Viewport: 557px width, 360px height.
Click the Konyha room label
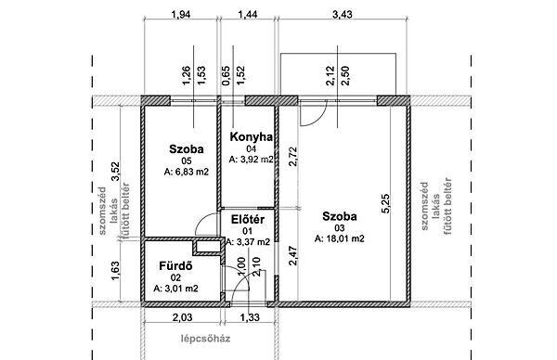pyautogui.click(x=252, y=136)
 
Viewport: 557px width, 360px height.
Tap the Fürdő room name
pyautogui.click(x=175, y=266)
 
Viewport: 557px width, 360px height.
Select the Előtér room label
pyautogui.click(x=248, y=219)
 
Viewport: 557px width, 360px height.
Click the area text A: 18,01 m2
pyautogui.click(x=339, y=238)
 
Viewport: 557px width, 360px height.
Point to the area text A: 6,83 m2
pyautogui.click(x=187, y=172)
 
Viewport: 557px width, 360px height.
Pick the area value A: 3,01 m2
pyautogui.click(x=175, y=289)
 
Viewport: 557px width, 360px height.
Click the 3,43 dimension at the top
pyautogui.click(x=342, y=14)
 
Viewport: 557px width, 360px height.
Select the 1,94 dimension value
pyautogui.click(x=181, y=14)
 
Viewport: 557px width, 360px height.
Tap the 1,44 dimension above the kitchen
pyautogui.click(x=247, y=14)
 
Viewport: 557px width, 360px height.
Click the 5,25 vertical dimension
pyautogui.click(x=385, y=203)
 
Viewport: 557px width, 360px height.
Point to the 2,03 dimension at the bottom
pyautogui.click(x=182, y=317)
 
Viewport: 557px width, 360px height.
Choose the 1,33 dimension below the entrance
pyautogui.click(x=250, y=317)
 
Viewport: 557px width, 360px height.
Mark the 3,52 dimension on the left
pyautogui.click(x=115, y=172)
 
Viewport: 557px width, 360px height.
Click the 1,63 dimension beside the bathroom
pyautogui.click(x=115, y=271)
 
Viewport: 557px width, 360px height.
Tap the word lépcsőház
pyautogui.click(x=205, y=339)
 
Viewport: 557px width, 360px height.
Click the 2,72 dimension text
pyautogui.click(x=293, y=156)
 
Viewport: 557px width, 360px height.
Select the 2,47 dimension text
pyautogui.click(x=293, y=256)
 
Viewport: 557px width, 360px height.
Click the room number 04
pyautogui.click(x=252, y=149)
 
